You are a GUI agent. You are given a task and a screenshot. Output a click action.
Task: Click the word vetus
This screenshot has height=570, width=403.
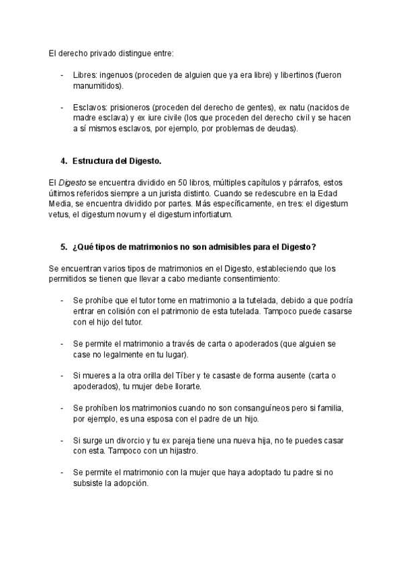59,215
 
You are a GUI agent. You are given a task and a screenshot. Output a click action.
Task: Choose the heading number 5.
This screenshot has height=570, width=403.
63,247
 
